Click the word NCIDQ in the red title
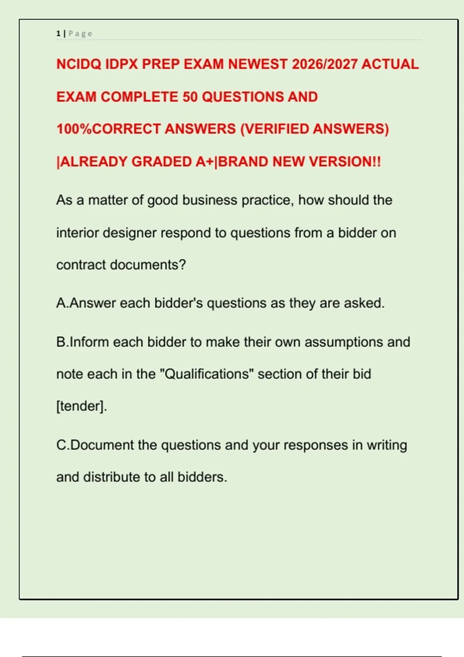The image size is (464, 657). (x=78, y=64)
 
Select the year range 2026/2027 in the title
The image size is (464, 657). (x=324, y=64)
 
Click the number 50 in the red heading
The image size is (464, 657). (x=190, y=97)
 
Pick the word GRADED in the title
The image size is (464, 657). (x=161, y=162)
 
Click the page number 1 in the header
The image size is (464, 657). (x=58, y=34)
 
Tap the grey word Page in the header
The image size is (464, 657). (x=80, y=34)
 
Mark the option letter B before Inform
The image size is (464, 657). (x=61, y=342)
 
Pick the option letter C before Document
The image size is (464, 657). (x=61, y=445)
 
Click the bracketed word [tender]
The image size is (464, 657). (x=82, y=406)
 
